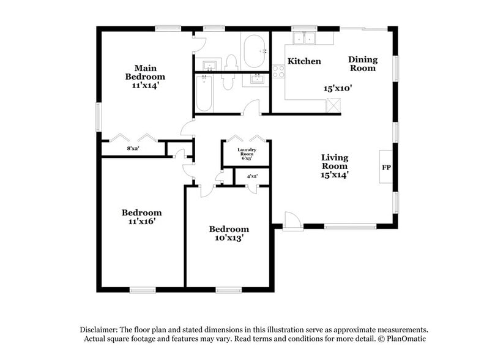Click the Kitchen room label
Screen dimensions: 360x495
(304, 61)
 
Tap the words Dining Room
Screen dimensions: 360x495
(363, 64)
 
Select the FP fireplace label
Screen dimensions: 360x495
(386, 167)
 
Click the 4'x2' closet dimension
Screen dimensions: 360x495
(252, 176)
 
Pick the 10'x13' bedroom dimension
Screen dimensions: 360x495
(229, 239)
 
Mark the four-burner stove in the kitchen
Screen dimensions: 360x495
(278, 72)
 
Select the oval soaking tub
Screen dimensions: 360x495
(253, 51)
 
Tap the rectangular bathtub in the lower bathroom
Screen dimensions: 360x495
(204, 94)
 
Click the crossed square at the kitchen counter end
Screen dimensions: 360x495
(333, 105)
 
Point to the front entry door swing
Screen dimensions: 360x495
(292, 220)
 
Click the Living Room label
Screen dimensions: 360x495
(335, 165)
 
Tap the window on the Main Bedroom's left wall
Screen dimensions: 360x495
(98, 116)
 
